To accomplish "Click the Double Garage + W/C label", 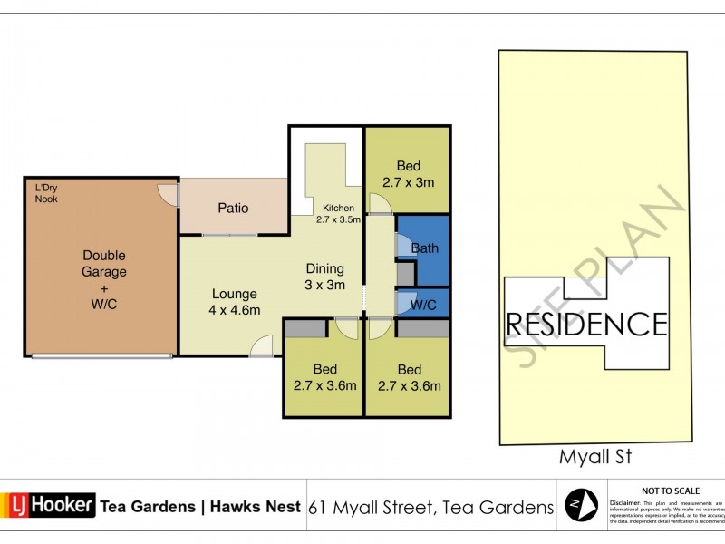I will (x=104, y=279).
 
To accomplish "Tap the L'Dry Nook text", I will (x=46, y=193).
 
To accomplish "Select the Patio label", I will (x=233, y=209).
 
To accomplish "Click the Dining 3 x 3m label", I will (x=324, y=277).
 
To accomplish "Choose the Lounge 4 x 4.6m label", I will (x=235, y=302).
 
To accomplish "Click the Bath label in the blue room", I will (x=425, y=248).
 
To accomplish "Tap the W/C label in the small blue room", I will (x=423, y=306).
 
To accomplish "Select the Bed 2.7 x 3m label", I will (x=409, y=174).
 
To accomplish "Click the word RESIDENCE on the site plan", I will (x=586, y=324).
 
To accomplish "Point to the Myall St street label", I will (x=594, y=457).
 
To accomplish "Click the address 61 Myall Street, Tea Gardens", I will (x=430, y=507).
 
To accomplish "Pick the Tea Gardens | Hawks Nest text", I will (x=200, y=507).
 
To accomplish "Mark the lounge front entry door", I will (x=261, y=346).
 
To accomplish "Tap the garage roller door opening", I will (x=101, y=356).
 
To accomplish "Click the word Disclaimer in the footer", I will (x=625, y=501).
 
